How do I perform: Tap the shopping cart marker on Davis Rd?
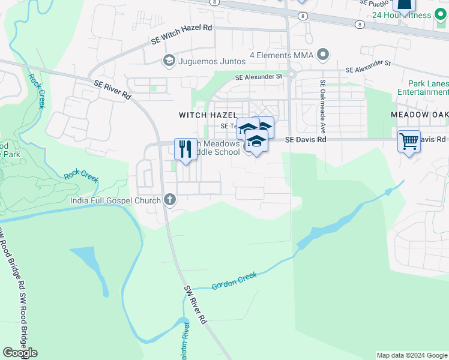409,142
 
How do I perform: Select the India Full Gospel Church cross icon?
170,200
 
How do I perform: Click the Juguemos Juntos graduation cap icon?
169,61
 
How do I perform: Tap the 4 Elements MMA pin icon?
323,56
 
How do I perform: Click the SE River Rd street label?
112,90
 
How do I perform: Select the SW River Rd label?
195,305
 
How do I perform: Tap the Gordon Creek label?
234,280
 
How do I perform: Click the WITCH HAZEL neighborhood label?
207,115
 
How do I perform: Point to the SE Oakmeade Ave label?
322,107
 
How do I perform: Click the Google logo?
20,353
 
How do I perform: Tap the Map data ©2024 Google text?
411,355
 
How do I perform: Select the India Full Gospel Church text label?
115,200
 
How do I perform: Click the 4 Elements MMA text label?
282,56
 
